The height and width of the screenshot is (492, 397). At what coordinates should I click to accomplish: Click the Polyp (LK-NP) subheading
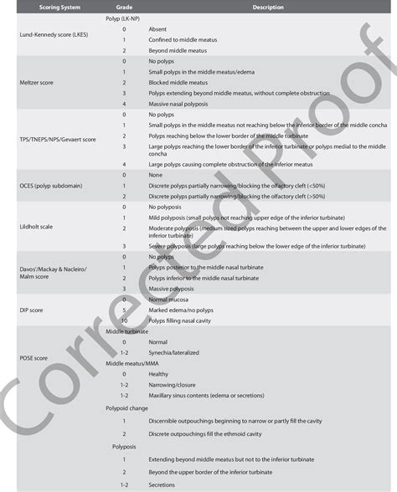(124, 17)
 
